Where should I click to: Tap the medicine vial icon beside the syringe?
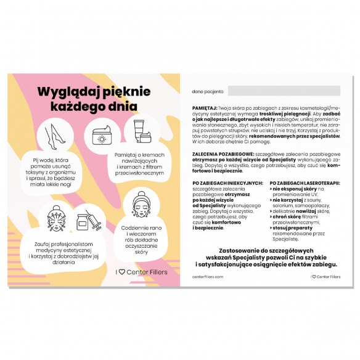81,221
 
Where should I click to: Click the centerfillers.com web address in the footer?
208,277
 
